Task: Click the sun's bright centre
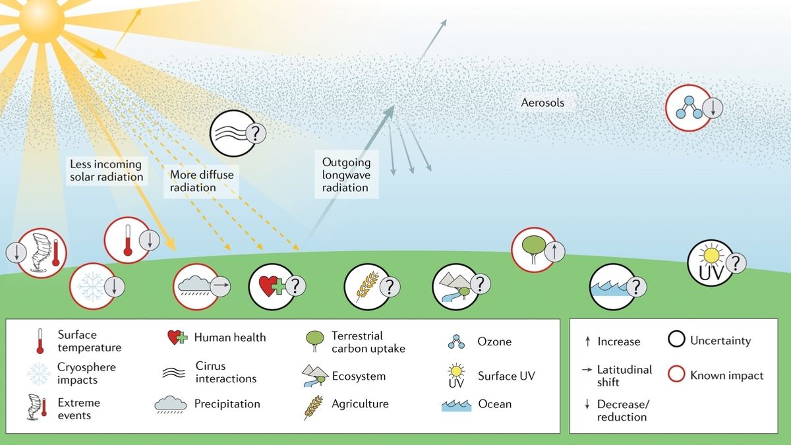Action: (42, 21)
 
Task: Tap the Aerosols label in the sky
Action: (542, 103)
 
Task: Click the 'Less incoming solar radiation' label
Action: (106, 171)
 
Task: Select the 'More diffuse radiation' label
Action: (202, 181)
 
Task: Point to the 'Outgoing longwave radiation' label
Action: (347, 175)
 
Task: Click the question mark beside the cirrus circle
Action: (255, 133)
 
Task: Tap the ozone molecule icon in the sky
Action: (689, 107)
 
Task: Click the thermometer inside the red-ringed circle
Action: (128, 240)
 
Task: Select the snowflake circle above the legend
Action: (92, 286)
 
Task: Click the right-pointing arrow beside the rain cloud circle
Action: (220, 285)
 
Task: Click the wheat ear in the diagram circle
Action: (367, 286)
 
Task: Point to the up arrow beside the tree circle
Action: (554, 252)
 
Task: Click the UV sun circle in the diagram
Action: (711, 263)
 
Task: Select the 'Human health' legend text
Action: (230, 338)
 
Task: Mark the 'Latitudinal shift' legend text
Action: (624, 376)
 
